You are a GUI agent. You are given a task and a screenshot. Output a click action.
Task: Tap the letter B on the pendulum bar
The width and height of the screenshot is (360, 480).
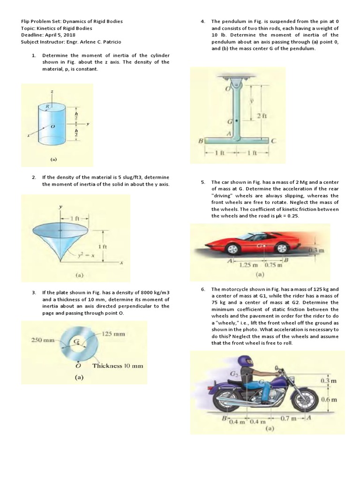(200, 140)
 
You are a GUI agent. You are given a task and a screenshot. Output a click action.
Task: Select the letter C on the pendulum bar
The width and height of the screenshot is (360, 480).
(273, 140)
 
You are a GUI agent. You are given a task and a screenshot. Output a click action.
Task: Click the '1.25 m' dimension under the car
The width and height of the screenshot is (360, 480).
(247, 265)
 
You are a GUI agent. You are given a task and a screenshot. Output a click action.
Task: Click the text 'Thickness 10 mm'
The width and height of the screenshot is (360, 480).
(118, 366)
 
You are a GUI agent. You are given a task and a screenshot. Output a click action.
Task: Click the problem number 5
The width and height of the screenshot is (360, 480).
(203, 182)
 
